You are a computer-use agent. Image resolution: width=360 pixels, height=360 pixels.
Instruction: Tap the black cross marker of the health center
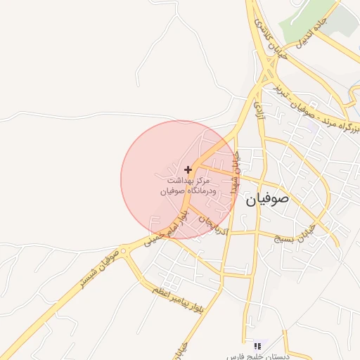point(188,169)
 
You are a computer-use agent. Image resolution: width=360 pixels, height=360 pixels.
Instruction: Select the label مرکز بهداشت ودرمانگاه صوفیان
point(185,186)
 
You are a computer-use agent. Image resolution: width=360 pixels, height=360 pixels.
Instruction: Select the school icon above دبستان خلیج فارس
point(257,346)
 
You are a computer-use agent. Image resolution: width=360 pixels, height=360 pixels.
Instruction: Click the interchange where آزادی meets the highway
point(266,75)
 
